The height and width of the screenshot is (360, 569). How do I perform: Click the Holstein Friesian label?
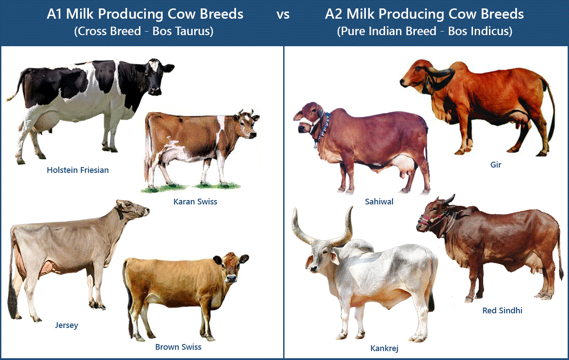click(78, 170)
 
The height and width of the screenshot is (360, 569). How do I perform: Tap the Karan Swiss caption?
click(195, 201)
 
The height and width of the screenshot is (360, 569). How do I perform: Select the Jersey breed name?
click(67, 325)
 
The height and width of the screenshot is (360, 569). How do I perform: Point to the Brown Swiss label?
click(178, 347)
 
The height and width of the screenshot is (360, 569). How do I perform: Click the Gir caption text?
click(496, 164)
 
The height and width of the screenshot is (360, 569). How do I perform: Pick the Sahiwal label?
click(379, 201)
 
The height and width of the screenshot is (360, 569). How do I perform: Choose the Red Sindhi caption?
click(502, 310)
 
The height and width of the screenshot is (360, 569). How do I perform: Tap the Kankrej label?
click(385, 348)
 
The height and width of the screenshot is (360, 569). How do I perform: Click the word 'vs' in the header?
click(283, 14)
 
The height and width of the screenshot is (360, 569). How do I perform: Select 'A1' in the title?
click(58, 14)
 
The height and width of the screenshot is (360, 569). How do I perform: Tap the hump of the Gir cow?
click(462, 71)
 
